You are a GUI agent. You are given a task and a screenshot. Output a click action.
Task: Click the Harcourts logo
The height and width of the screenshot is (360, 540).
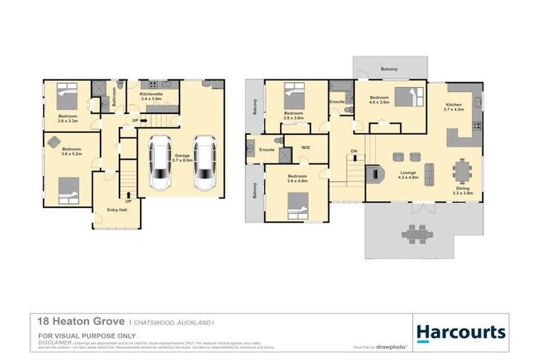click(x=461, y=332)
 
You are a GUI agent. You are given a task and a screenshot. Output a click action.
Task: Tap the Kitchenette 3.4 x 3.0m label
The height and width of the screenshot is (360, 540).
click(x=152, y=96)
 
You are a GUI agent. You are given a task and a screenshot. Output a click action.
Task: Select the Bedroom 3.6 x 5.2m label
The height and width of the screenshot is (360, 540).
click(x=70, y=151)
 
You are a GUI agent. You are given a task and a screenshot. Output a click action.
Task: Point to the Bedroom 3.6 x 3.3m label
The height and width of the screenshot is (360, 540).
click(x=67, y=118)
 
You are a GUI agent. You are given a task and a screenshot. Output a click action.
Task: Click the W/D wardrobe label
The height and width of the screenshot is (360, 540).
click(x=305, y=148)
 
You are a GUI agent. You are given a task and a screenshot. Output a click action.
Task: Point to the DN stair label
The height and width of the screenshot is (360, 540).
click(x=354, y=152)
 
